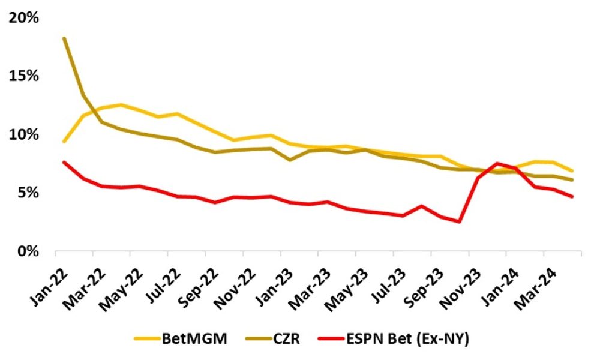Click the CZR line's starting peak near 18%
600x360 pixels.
pyautogui.click(x=64, y=38)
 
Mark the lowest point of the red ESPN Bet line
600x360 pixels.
pyautogui.click(x=460, y=221)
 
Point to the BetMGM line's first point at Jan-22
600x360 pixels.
pyautogui.click(x=64, y=142)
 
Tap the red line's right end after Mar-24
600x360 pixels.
pyautogui.click(x=572, y=196)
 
